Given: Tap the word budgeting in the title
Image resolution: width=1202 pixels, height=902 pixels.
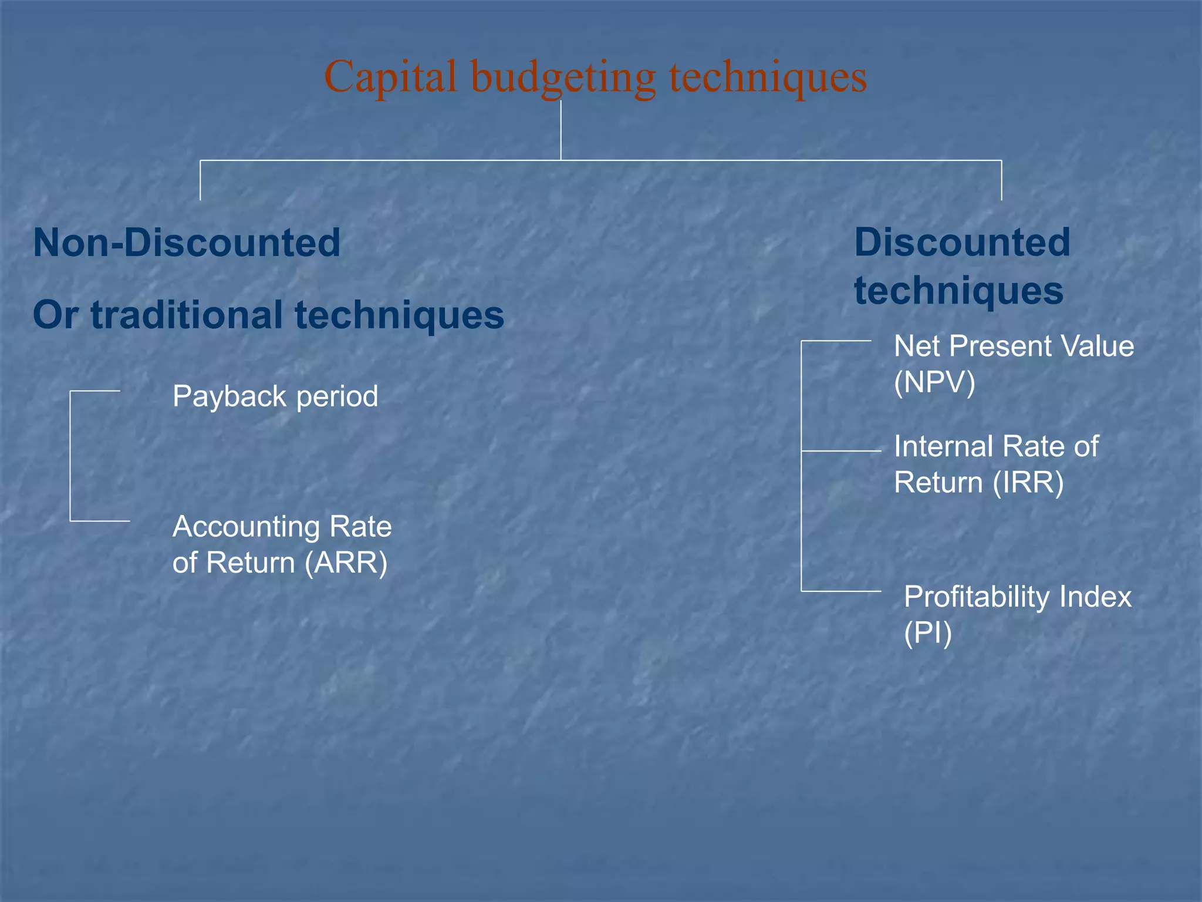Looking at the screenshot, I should (563, 78).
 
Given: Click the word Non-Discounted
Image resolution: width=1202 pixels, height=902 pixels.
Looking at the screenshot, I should (187, 243).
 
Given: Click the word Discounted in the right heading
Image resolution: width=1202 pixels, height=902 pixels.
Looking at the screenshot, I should (962, 243).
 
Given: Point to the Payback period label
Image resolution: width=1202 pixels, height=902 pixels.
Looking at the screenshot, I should (275, 396).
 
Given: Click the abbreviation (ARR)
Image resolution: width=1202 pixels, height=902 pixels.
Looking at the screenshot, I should (346, 563).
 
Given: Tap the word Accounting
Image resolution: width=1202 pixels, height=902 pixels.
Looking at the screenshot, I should (245, 526).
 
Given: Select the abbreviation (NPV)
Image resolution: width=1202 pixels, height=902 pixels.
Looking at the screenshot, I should (934, 382).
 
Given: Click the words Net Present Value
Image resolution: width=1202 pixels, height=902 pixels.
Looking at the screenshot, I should (1014, 346).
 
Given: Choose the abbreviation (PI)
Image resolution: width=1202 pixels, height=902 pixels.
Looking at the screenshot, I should (927, 633).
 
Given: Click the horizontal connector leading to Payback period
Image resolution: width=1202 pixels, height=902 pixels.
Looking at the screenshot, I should (95, 391).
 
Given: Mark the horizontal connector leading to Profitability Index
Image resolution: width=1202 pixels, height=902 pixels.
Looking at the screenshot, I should (841, 591).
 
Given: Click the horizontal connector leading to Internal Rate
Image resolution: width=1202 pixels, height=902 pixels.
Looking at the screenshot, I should (841, 451).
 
